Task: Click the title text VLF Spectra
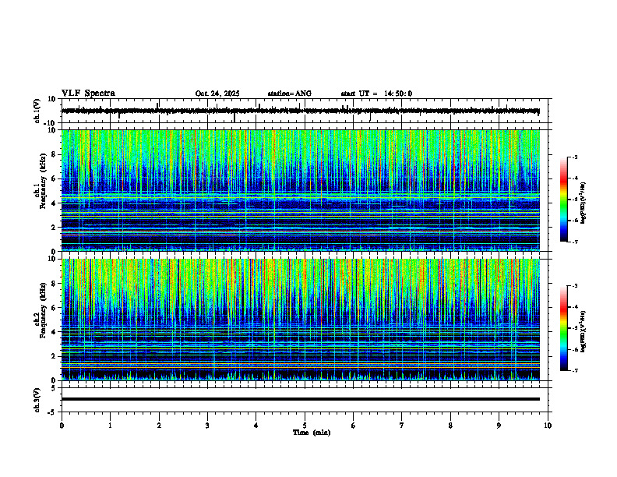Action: [x=88, y=93]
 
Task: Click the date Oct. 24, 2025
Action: [x=217, y=94]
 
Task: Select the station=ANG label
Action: [x=289, y=94]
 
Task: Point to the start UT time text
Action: [x=376, y=94]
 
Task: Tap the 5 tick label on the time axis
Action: [x=305, y=425]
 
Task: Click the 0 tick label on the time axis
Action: [x=62, y=425]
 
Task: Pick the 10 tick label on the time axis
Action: [x=548, y=425]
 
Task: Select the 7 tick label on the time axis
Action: [x=402, y=425]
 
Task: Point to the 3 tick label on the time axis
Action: [x=207, y=425]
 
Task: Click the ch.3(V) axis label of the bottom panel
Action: [x=37, y=399]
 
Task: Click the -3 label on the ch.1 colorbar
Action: [x=574, y=157]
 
